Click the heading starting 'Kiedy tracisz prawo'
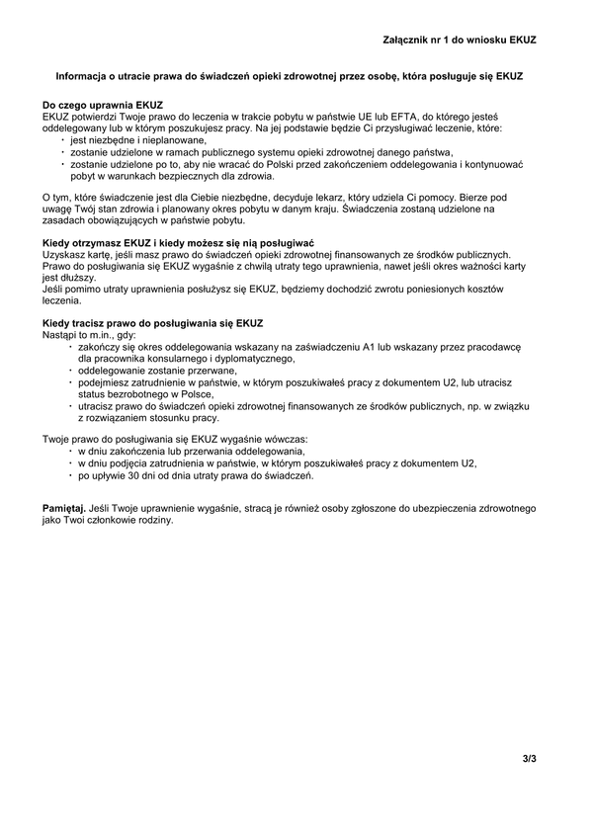153,324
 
